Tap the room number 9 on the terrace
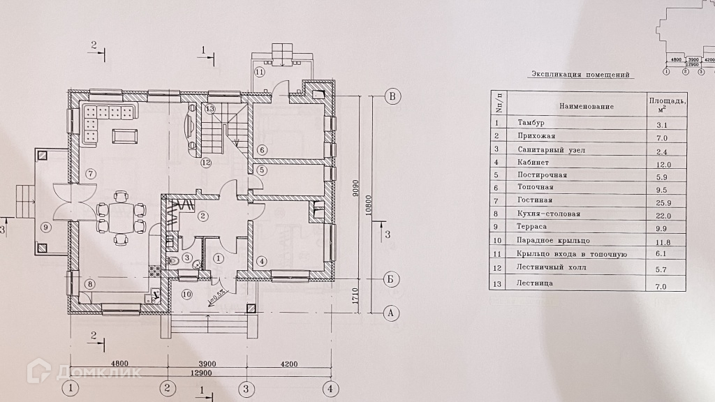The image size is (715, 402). tap(45, 226)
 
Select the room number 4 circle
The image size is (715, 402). tap(261, 262)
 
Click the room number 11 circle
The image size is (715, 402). tap(260, 72)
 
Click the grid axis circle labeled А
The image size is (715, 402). tap(393, 313)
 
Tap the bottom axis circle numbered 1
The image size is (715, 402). tap(70, 388)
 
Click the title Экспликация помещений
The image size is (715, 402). tap(580, 74)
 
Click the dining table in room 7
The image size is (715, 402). tap(120, 219)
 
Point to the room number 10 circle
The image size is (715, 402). tap(187, 295)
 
